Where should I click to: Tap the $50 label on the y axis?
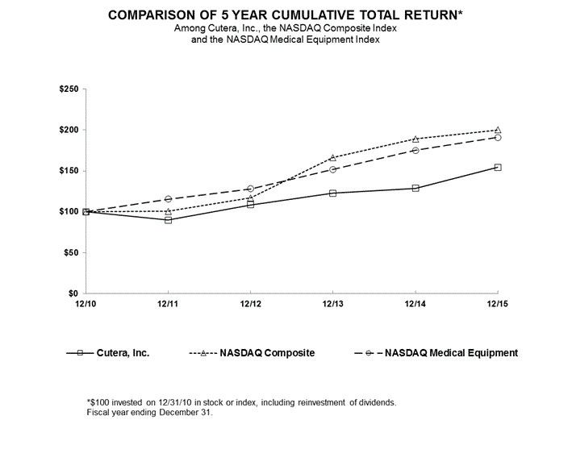click(x=69, y=252)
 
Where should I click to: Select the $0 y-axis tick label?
click(x=73, y=293)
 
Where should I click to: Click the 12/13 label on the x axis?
click(x=332, y=303)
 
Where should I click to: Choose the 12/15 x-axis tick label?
click(x=498, y=303)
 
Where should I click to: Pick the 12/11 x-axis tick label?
click(x=168, y=303)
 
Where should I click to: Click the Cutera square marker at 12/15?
click(x=498, y=168)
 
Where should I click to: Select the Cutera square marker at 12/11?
click(x=168, y=219)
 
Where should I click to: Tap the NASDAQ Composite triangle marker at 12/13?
click(x=332, y=157)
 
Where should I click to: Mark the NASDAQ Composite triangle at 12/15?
click(x=498, y=130)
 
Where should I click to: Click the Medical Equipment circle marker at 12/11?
click(x=168, y=198)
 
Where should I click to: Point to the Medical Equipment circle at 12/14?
click(x=415, y=150)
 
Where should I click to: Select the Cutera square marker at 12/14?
click(x=415, y=188)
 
